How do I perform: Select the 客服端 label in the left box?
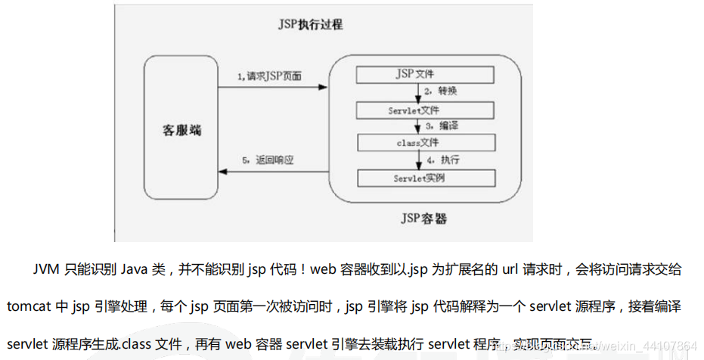click(182, 129)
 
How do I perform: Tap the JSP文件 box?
click(426, 75)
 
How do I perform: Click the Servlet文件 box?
click(426, 110)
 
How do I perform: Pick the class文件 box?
click(426, 143)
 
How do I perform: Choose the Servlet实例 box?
click(426, 178)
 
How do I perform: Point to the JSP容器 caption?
click(423, 219)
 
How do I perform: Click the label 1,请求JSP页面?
click(270, 76)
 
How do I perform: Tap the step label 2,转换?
click(441, 92)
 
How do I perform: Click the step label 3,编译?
click(442, 126)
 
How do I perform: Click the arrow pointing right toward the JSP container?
click(272, 87)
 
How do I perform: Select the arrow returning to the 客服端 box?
click(272, 172)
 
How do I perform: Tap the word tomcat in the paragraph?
click(26, 308)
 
